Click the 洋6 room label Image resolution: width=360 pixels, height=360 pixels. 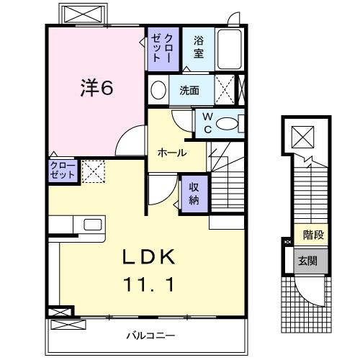coord(96,89)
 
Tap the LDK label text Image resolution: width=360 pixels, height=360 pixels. coord(151,257)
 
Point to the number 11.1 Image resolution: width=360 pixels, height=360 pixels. coord(151,284)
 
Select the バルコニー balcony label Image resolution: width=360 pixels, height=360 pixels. coord(151,336)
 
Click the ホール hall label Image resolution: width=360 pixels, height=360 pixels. coord(172,153)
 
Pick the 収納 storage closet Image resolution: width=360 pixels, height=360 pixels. coord(194,193)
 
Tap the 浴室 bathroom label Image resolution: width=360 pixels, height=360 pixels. coord(198,48)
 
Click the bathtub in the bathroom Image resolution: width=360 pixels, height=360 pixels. coord(230,50)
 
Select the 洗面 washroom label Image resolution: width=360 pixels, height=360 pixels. coord(190,91)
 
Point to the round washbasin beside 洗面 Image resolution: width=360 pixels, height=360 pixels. coord(158,91)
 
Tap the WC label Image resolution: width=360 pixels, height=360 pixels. coord(207,122)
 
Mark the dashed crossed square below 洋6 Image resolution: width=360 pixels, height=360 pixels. coord(92,171)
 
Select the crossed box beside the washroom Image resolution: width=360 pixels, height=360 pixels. coord(226,91)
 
